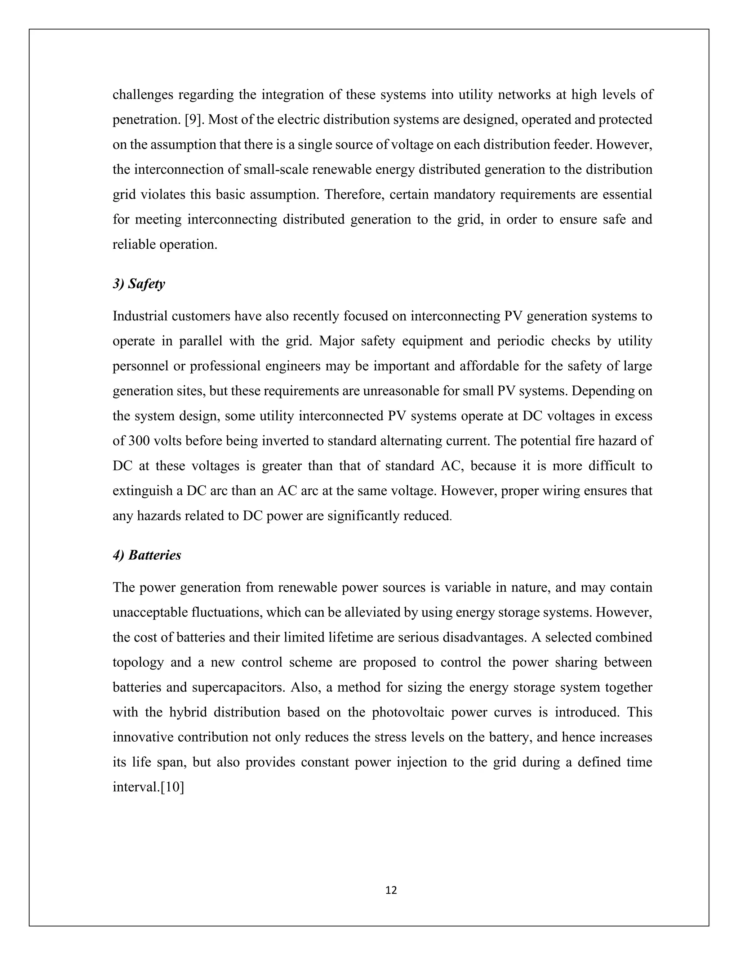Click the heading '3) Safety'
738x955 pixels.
click(x=139, y=284)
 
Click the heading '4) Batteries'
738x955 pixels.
click(x=147, y=555)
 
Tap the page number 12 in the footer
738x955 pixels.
click(x=391, y=889)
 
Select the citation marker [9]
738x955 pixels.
click(x=193, y=120)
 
